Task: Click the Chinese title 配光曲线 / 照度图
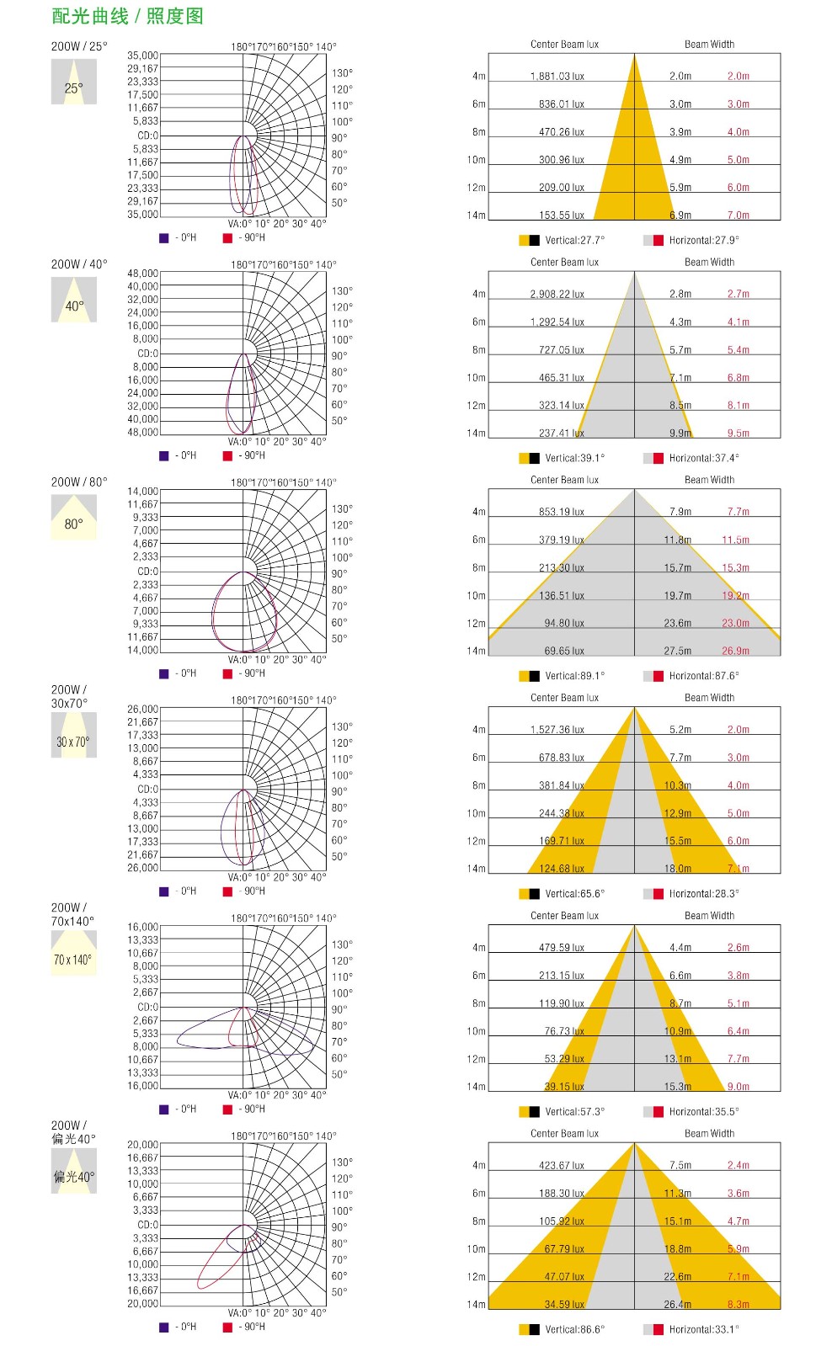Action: pyautogui.click(x=127, y=16)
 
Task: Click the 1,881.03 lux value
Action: pyautogui.click(x=557, y=77)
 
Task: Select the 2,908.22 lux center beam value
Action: pyautogui.click(x=557, y=295)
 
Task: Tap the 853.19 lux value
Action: pyautogui.click(x=561, y=512)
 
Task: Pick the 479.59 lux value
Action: pyautogui.click(x=561, y=948)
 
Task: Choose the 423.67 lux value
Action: pyautogui.click(x=561, y=1166)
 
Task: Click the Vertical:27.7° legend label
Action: pyautogui.click(x=574, y=241)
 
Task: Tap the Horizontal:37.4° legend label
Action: pyautogui.click(x=704, y=458)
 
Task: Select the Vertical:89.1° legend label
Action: pyautogui.click(x=574, y=676)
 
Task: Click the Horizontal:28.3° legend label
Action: pyautogui.click(x=704, y=894)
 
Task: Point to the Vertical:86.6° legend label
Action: pyautogui.click(x=574, y=1330)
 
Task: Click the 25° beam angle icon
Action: pyautogui.click(x=74, y=82)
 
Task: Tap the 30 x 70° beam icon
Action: pyautogui.click(x=74, y=736)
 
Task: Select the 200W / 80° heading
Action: pyautogui.click(x=79, y=482)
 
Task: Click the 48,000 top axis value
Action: pyautogui.click(x=142, y=274)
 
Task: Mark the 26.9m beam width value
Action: pyautogui.click(x=735, y=651)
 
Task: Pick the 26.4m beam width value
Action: pyautogui.click(x=677, y=1305)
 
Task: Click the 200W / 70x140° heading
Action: pyautogui.click(x=72, y=914)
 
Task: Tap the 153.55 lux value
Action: pyautogui.click(x=561, y=215)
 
